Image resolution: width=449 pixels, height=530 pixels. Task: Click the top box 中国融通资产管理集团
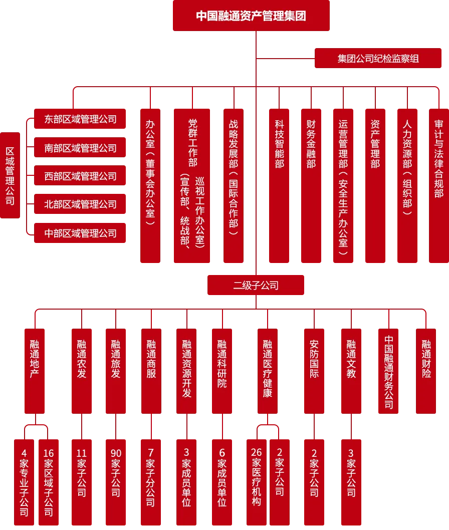click(x=252, y=16)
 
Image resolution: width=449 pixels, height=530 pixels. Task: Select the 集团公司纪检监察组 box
click(x=378, y=59)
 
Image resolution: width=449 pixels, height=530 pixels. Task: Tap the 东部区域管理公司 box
click(x=80, y=119)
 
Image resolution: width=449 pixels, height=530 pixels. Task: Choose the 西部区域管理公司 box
click(x=80, y=176)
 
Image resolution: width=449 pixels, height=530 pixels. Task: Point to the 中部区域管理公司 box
click(x=80, y=233)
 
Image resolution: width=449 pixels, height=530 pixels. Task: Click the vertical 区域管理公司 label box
click(x=10, y=176)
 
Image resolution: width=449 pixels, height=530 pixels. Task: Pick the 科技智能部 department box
click(x=280, y=186)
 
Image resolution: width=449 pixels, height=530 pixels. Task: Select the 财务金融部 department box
click(x=311, y=186)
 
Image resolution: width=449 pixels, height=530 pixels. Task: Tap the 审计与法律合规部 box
click(x=439, y=186)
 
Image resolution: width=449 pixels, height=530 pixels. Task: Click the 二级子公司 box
click(x=256, y=286)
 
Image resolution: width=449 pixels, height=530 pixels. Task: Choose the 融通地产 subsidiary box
click(x=35, y=371)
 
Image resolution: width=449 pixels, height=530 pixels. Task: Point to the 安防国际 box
click(x=314, y=371)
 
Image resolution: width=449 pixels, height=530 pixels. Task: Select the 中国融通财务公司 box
click(x=389, y=371)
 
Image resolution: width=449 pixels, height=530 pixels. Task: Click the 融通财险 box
click(x=426, y=371)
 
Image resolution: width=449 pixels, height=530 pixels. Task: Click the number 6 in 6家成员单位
click(x=222, y=453)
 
